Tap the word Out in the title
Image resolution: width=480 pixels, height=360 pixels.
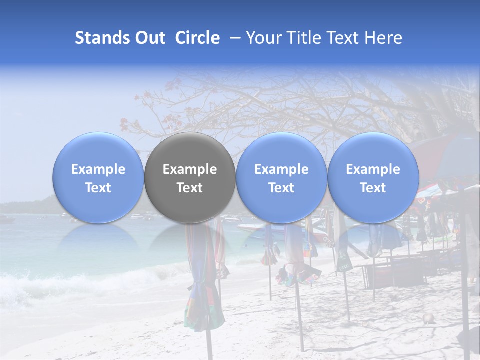pyautogui.click(x=149, y=38)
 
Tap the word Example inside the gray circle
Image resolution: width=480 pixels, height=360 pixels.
pyautogui.click(x=190, y=169)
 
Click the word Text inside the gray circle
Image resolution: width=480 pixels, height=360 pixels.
pyautogui.click(x=190, y=188)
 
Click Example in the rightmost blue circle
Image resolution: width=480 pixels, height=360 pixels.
pyautogui.click(x=373, y=169)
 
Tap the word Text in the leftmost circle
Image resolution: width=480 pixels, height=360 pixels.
pyautogui.click(x=98, y=188)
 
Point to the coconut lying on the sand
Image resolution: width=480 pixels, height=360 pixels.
pyautogui.click(x=427, y=318)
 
